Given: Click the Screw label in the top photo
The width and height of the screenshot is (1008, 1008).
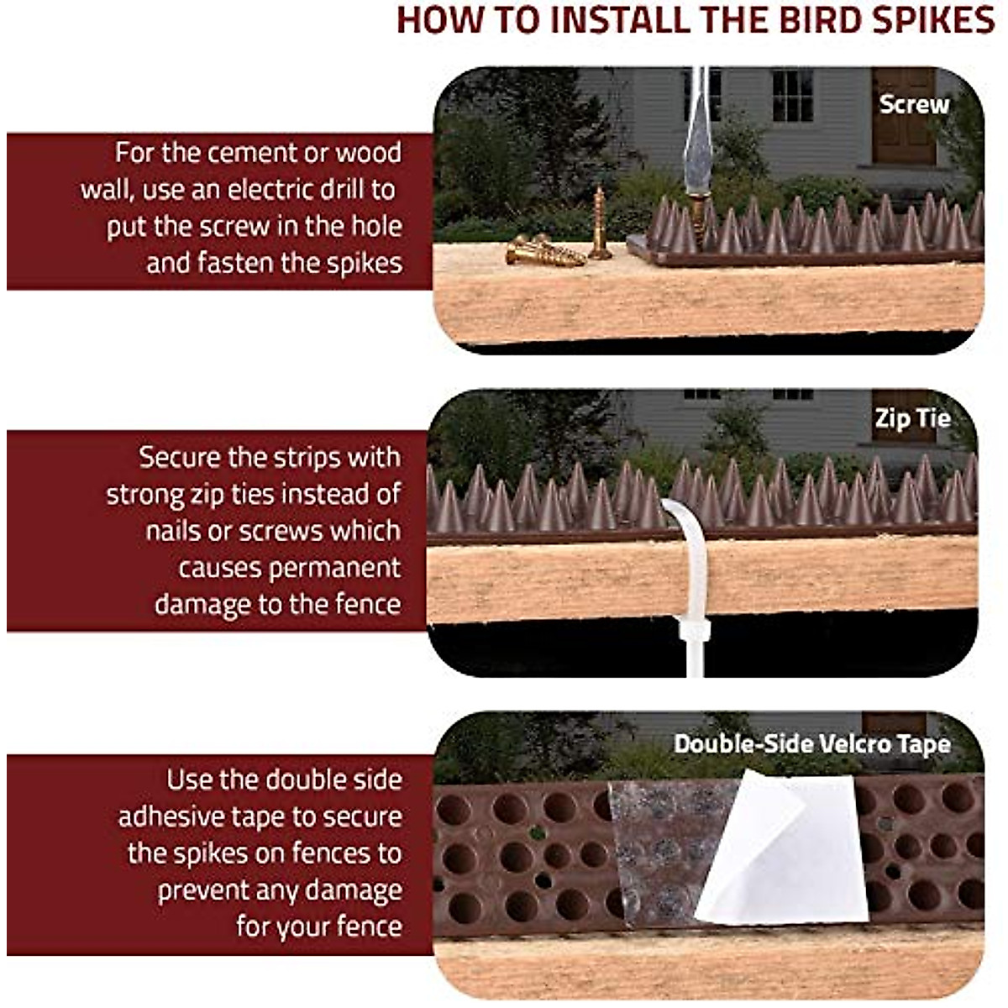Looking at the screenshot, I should coord(914,104).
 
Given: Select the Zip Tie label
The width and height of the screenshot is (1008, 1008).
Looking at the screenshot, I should coord(912,418).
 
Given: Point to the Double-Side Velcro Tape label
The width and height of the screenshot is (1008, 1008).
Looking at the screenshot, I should coord(811,744).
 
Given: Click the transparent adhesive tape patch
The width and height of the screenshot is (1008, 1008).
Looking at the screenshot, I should coord(659,848).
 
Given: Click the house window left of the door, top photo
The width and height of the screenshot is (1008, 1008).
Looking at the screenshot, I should coord(791,94).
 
